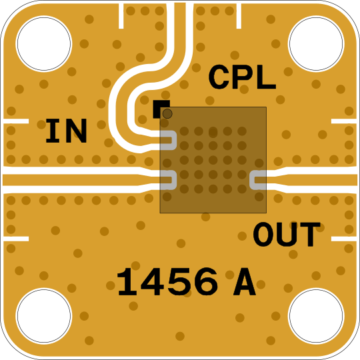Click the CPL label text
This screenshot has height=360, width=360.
(242, 77)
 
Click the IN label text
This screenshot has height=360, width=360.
(67, 131)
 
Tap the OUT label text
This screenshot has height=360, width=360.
(287, 234)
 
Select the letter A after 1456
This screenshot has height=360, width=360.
(245, 282)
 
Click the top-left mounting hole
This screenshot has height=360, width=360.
(44, 43)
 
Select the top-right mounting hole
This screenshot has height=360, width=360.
(316, 43)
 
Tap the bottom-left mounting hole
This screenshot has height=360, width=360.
(44, 316)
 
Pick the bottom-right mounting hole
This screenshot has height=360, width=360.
(316, 316)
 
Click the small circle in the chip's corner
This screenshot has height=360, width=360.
(167, 113)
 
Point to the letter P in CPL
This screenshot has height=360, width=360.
(242, 77)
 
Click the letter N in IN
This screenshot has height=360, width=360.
(77, 131)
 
